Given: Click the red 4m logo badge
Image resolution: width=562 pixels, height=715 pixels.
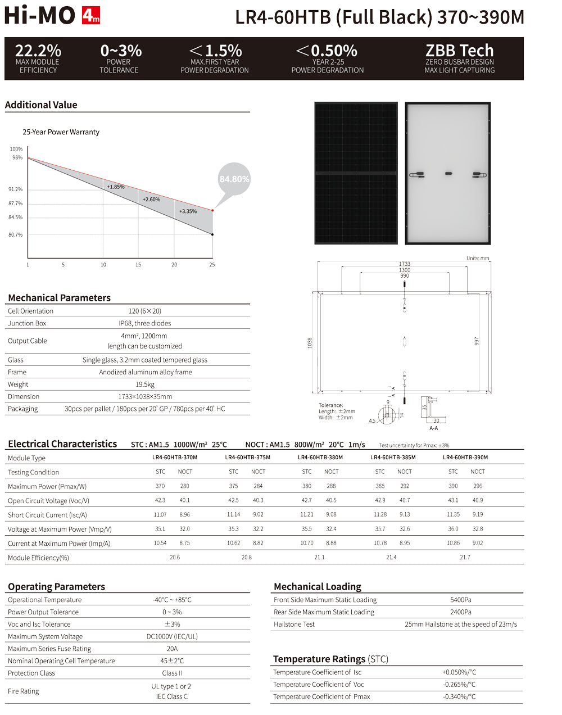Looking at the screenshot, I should coord(91,16).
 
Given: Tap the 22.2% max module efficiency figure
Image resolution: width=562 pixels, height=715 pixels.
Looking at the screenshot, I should coord(38,51).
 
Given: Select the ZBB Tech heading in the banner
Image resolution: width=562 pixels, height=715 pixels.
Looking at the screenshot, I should coord(459,51).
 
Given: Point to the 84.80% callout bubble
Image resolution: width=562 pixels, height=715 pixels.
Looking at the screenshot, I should coord(234,179).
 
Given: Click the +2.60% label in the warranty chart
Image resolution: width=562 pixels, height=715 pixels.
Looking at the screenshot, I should coord(151,200).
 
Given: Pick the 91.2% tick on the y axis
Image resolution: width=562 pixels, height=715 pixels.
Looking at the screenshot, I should coord(15,189).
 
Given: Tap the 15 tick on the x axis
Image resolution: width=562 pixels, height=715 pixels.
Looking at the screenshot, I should coord(138,265).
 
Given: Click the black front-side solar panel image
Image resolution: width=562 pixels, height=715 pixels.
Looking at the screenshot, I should coord(356,173).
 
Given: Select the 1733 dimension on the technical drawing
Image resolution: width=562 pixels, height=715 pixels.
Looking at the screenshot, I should coord(404,264).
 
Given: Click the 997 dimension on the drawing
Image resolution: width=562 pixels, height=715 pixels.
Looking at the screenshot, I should coord(477,342).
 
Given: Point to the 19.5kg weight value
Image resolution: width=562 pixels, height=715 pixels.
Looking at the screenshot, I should coord(145,384).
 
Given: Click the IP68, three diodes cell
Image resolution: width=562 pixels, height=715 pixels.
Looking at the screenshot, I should coord(145,323).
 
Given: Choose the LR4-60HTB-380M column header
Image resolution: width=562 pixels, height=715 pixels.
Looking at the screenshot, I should coord(320,458).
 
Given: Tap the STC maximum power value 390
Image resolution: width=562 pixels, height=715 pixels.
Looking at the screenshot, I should coord(453,486).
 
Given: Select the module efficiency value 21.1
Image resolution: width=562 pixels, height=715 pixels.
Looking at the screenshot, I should coord(319,558).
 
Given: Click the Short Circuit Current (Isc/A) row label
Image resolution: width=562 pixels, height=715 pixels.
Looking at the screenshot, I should coord(47,515).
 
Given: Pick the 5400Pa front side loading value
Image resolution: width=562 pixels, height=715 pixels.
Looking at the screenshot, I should coord(461,600).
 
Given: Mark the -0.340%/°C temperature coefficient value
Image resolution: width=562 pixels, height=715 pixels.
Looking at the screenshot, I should coord(459,696).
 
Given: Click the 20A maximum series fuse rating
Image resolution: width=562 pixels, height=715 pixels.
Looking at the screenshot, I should coord(172,649).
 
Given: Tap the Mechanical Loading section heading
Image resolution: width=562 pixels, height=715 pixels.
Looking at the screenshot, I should coord(317,587).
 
